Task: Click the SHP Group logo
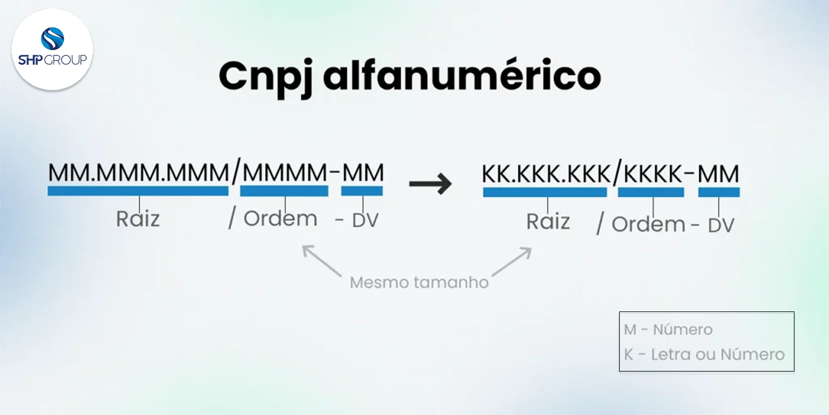(x=52, y=49)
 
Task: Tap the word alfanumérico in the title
(x=462, y=76)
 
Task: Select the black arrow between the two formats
(x=430, y=184)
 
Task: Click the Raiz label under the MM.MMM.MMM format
(x=138, y=219)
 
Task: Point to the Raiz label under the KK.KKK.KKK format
(x=548, y=221)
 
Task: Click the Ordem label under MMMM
(x=280, y=219)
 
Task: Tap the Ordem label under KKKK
(x=648, y=225)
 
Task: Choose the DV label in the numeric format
(x=365, y=220)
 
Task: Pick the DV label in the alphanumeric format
(x=721, y=225)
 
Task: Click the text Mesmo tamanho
(x=419, y=283)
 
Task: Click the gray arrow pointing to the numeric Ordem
(x=322, y=260)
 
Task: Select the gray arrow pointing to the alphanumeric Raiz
(x=512, y=261)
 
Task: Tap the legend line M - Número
(x=668, y=330)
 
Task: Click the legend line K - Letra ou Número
(x=704, y=355)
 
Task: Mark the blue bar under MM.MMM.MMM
(x=138, y=192)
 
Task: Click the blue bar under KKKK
(x=651, y=193)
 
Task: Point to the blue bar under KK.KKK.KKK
(x=544, y=193)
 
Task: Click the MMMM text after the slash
(x=285, y=173)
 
